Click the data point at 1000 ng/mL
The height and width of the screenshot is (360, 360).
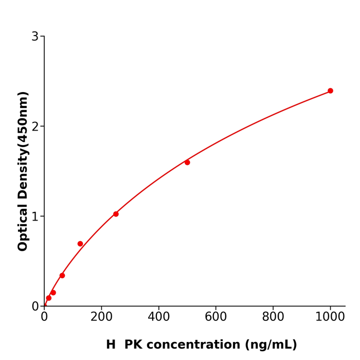(330, 91)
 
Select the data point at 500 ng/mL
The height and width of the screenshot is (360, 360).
(187, 163)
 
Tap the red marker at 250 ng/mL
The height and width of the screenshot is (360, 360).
(116, 214)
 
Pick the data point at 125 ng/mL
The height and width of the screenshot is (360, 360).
(80, 244)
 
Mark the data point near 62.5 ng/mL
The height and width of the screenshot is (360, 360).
(62, 276)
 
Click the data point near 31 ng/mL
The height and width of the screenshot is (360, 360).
(53, 293)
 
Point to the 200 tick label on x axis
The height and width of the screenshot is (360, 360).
(101, 317)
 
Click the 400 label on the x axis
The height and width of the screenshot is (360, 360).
(158, 317)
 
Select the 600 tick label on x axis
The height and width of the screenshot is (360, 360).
(215, 317)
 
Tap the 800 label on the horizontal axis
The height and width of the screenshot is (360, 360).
(273, 317)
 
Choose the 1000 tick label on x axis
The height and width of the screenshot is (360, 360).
(330, 317)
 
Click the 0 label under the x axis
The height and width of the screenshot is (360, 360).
(44, 317)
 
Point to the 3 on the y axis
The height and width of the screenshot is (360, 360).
(35, 37)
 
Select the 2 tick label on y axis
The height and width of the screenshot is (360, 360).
(35, 127)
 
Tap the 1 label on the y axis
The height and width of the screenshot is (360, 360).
(35, 217)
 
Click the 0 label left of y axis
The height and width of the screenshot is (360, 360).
(35, 307)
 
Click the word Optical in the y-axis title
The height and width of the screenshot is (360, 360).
(23, 227)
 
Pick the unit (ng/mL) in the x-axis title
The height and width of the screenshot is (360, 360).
(271, 345)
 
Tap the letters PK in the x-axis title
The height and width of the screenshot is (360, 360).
(133, 345)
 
